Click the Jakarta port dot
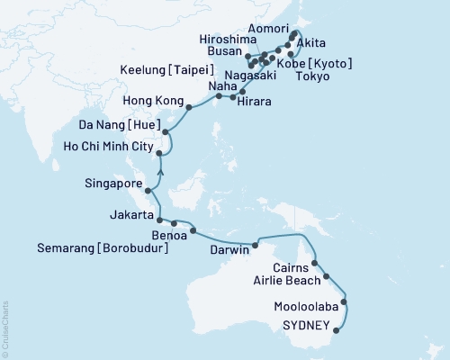pyautogui.click(x=159, y=220)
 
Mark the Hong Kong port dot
pyautogui.click(x=188, y=107)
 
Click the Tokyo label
pyautogui.click(x=319, y=77)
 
